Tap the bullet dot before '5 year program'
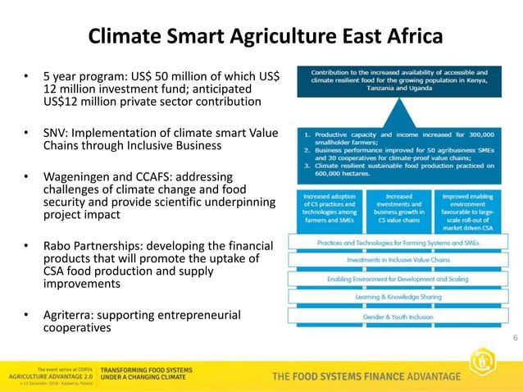pyautogui.click(x=26, y=76)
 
